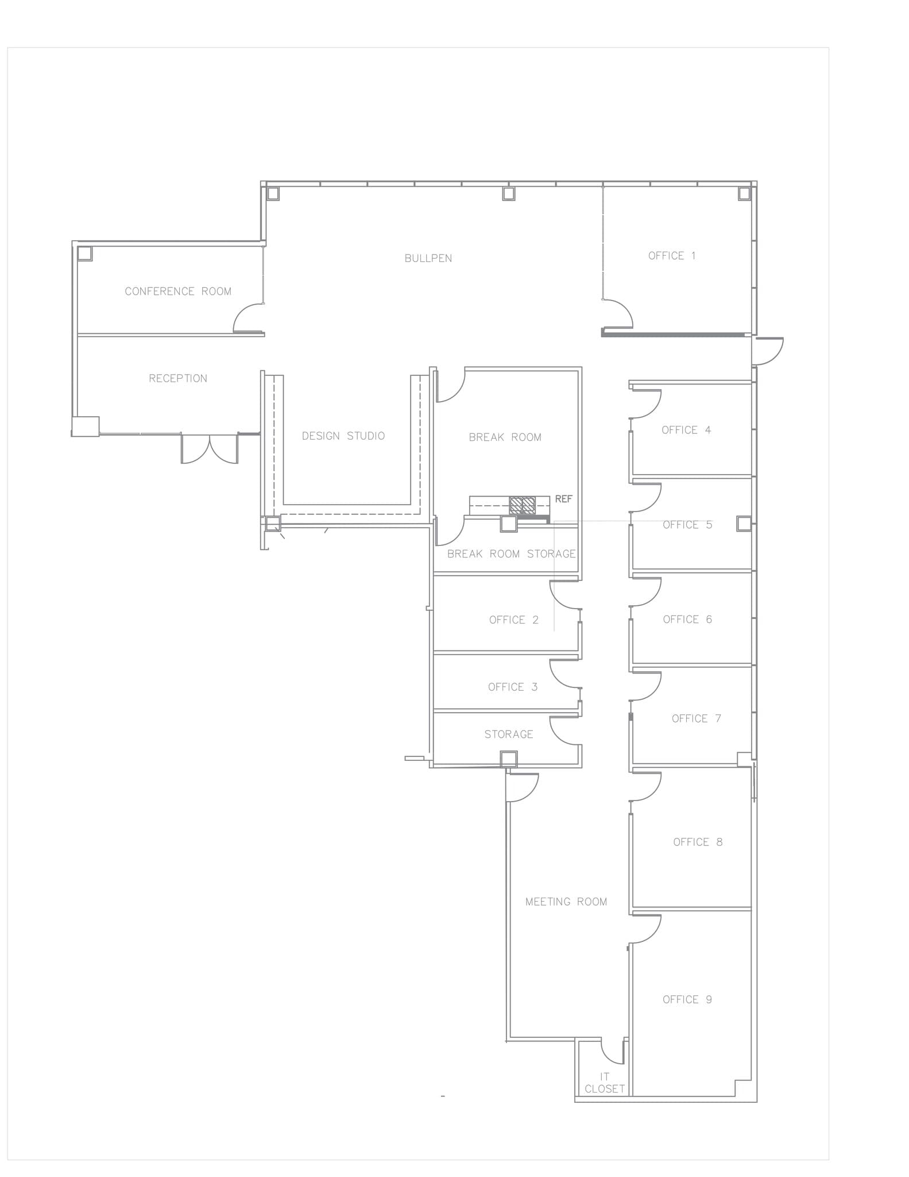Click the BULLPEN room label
point(428,259)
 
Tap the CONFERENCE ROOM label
point(178,291)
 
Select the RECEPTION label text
point(178,378)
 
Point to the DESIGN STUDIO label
point(343,436)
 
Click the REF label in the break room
point(563,499)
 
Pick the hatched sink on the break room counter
point(521,505)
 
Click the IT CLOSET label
point(605,1083)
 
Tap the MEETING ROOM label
point(566,902)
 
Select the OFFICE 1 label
point(672,256)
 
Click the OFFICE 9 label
point(687,999)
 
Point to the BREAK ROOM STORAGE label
point(511,554)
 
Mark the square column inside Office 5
point(744,524)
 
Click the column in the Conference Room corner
point(85,253)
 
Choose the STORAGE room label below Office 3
point(509,734)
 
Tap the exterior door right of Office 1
point(768,351)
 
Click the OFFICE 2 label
point(514,620)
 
